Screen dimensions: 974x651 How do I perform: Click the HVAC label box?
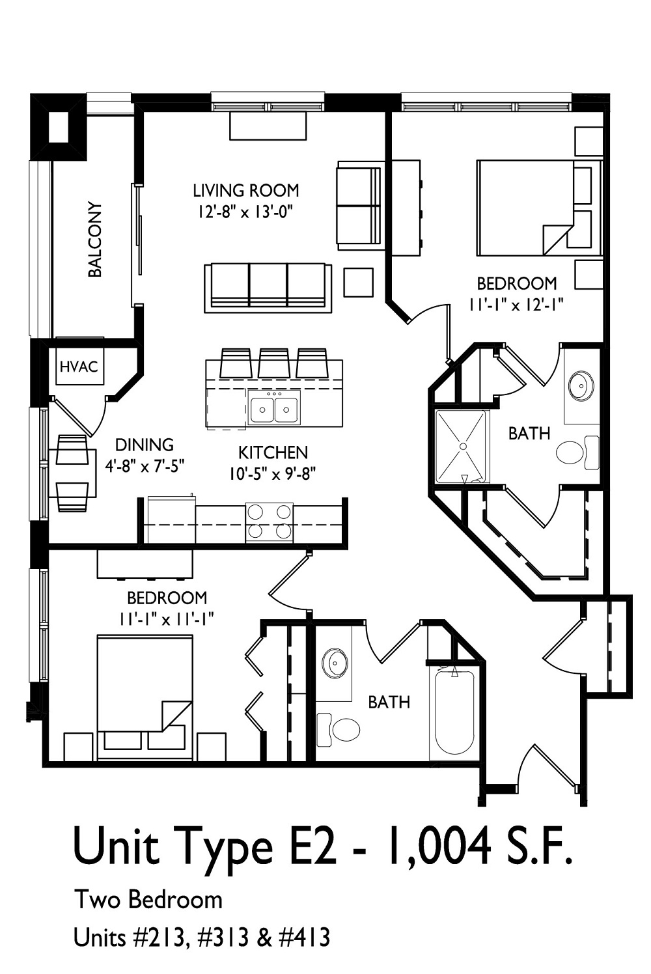(x=79, y=367)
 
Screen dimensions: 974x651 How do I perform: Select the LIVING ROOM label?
(x=245, y=191)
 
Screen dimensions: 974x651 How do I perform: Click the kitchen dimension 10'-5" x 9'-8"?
(x=272, y=474)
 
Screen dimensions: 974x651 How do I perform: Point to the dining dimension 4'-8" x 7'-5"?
(x=145, y=466)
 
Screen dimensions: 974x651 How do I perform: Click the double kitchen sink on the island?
(x=274, y=410)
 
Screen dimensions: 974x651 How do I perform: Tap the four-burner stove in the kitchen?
(x=269, y=522)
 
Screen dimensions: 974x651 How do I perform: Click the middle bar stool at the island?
(x=274, y=363)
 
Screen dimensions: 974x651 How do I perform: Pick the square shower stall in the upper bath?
(x=462, y=447)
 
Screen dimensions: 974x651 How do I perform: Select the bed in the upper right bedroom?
(x=538, y=207)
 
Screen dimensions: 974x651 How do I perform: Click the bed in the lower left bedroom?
(x=145, y=697)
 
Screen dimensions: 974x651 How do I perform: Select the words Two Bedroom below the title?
(x=148, y=900)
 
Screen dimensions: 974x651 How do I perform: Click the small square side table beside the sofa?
(x=358, y=283)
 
